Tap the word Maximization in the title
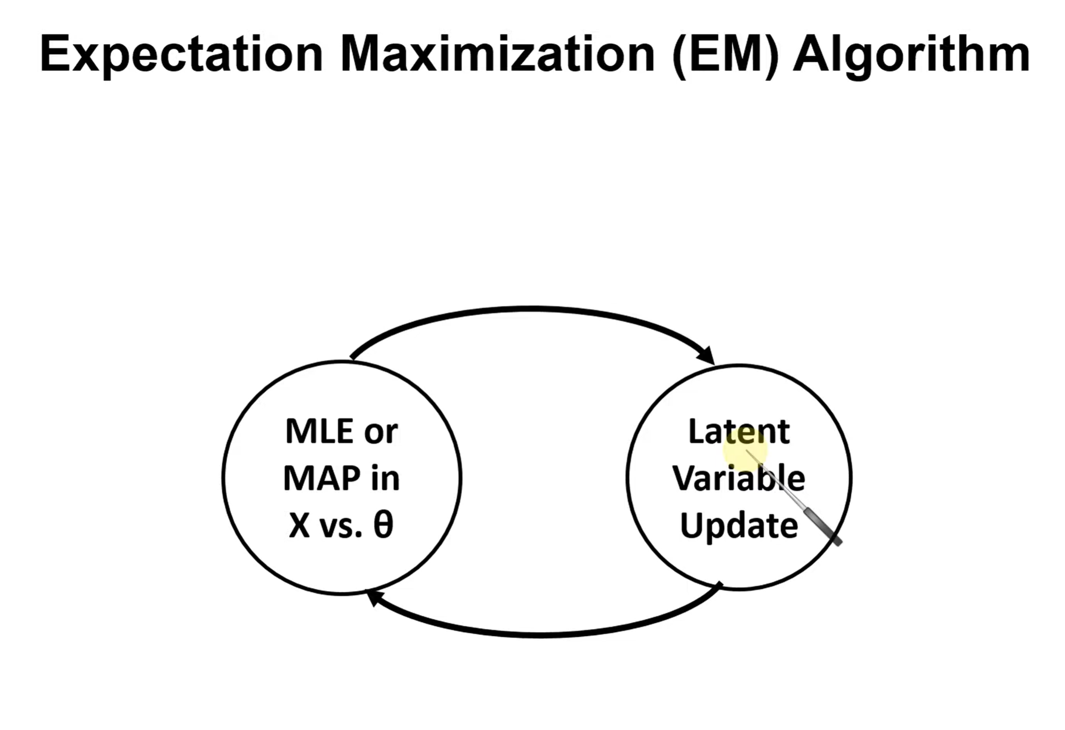point(497,54)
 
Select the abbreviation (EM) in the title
point(726,54)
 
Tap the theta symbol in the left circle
point(383,525)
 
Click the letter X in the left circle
point(299,526)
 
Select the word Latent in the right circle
point(738,431)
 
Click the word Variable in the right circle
point(738,478)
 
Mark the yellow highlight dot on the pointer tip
point(745,450)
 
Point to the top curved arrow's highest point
point(533,309)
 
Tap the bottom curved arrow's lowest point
point(541,635)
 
